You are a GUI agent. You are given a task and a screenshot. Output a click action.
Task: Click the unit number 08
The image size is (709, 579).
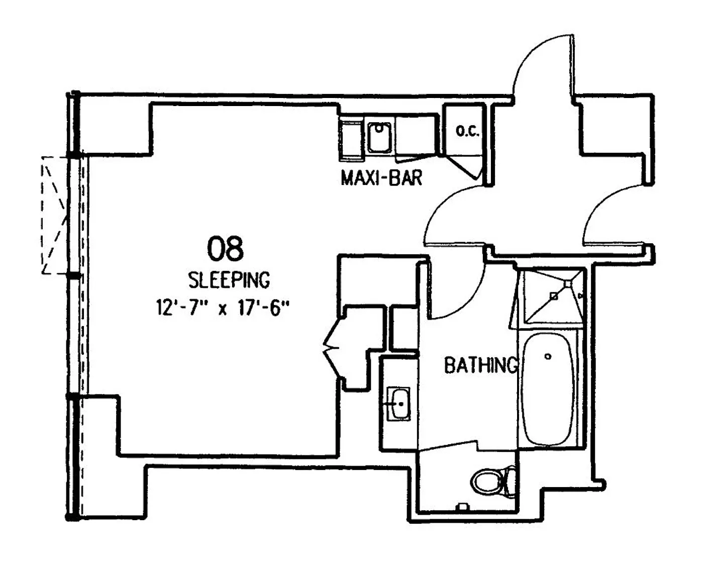(x=225, y=249)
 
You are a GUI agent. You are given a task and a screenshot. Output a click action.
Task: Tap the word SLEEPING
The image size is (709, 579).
(x=229, y=280)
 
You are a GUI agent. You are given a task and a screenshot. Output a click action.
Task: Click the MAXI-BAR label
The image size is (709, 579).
(x=381, y=178)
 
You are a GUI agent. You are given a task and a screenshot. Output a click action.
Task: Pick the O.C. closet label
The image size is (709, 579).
(x=467, y=131)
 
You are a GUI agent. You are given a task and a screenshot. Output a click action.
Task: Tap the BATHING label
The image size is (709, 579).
(x=481, y=365)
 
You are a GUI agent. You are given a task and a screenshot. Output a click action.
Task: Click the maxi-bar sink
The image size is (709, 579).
(x=379, y=138)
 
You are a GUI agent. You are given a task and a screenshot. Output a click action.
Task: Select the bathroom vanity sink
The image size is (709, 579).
(x=398, y=404)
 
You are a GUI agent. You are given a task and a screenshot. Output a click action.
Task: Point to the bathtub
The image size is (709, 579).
(x=547, y=390)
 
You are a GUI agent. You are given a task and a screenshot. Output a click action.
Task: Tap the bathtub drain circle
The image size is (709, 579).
(x=548, y=356)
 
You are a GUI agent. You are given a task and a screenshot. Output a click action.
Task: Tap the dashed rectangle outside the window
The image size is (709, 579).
(x=54, y=215)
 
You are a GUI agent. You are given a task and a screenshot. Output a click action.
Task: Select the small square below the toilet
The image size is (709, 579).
(x=464, y=507)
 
